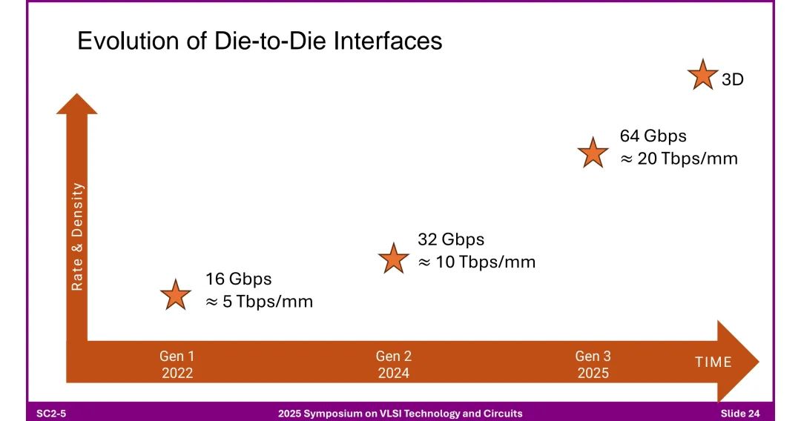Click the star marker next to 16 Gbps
[x=176, y=295]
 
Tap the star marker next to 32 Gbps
[x=393, y=258]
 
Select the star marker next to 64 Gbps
[x=593, y=152]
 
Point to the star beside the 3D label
[x=702, y=75]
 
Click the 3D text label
[x=732, y=80]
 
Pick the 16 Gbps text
[x=239, y=279]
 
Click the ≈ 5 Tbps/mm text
[x=259, y=302]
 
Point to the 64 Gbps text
[x=653, y=136]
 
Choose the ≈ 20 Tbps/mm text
[x=679, y=158]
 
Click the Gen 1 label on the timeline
[x=177, y=357]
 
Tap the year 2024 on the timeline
[x=393, y=373]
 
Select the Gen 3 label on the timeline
[x=593, y=357]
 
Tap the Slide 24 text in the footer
[x=739, y=413]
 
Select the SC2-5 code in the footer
[x=53, y=413]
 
